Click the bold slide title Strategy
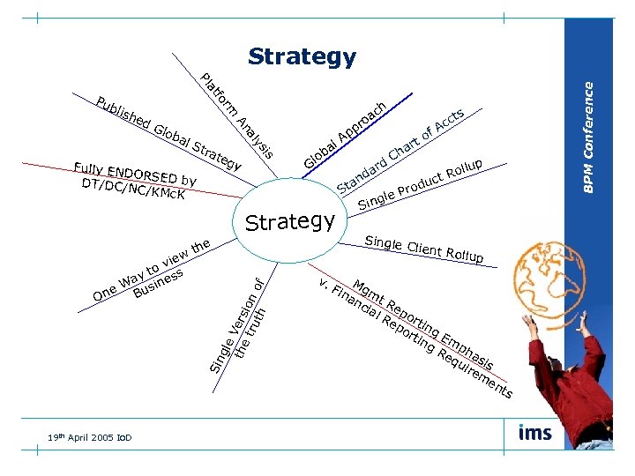pos(302,57)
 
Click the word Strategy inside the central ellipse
pos(290,221)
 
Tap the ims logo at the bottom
pos(536,433)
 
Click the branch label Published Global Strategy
pos(168,133)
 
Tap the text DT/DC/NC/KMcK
pos(132,189)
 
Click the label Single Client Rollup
pos(424,250)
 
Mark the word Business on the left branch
pos(159,285)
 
